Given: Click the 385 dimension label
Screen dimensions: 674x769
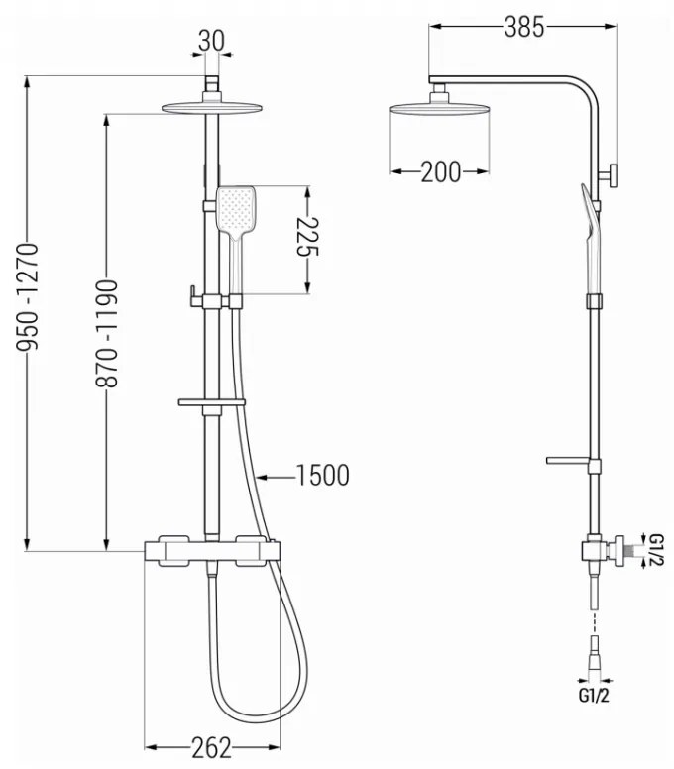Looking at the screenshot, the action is tap(524, 27).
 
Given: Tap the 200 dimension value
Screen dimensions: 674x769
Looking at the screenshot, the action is tap(440, 172).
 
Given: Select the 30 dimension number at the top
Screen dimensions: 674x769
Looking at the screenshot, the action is tap(211, 41).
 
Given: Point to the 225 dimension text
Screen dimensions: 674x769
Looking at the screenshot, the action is tap(308, 236).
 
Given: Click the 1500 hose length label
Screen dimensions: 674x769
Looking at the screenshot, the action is tap(323, 476).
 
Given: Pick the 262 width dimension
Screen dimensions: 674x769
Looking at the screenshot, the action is tap(211, 748).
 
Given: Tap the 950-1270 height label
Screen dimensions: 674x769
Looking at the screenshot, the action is tap(28, 296).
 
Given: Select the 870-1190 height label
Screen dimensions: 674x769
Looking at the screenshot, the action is tap(106, 334).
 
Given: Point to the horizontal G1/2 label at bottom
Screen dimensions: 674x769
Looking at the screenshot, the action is tap(594, 695).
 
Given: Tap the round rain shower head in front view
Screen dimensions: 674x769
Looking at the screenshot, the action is tap(211, 108).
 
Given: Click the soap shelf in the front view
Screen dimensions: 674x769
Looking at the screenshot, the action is tap(211, 402).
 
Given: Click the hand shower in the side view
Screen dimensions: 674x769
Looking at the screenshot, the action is tap(592, 239).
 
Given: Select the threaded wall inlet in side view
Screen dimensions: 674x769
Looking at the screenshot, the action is tap(622, 550).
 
